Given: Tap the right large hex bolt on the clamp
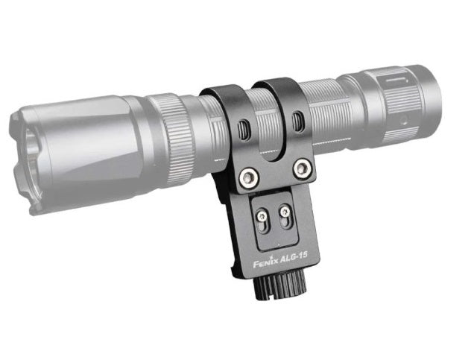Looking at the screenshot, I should [301, 168].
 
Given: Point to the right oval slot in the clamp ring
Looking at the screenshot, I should [298, 121].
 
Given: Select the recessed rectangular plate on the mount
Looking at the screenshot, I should [274, 223].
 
